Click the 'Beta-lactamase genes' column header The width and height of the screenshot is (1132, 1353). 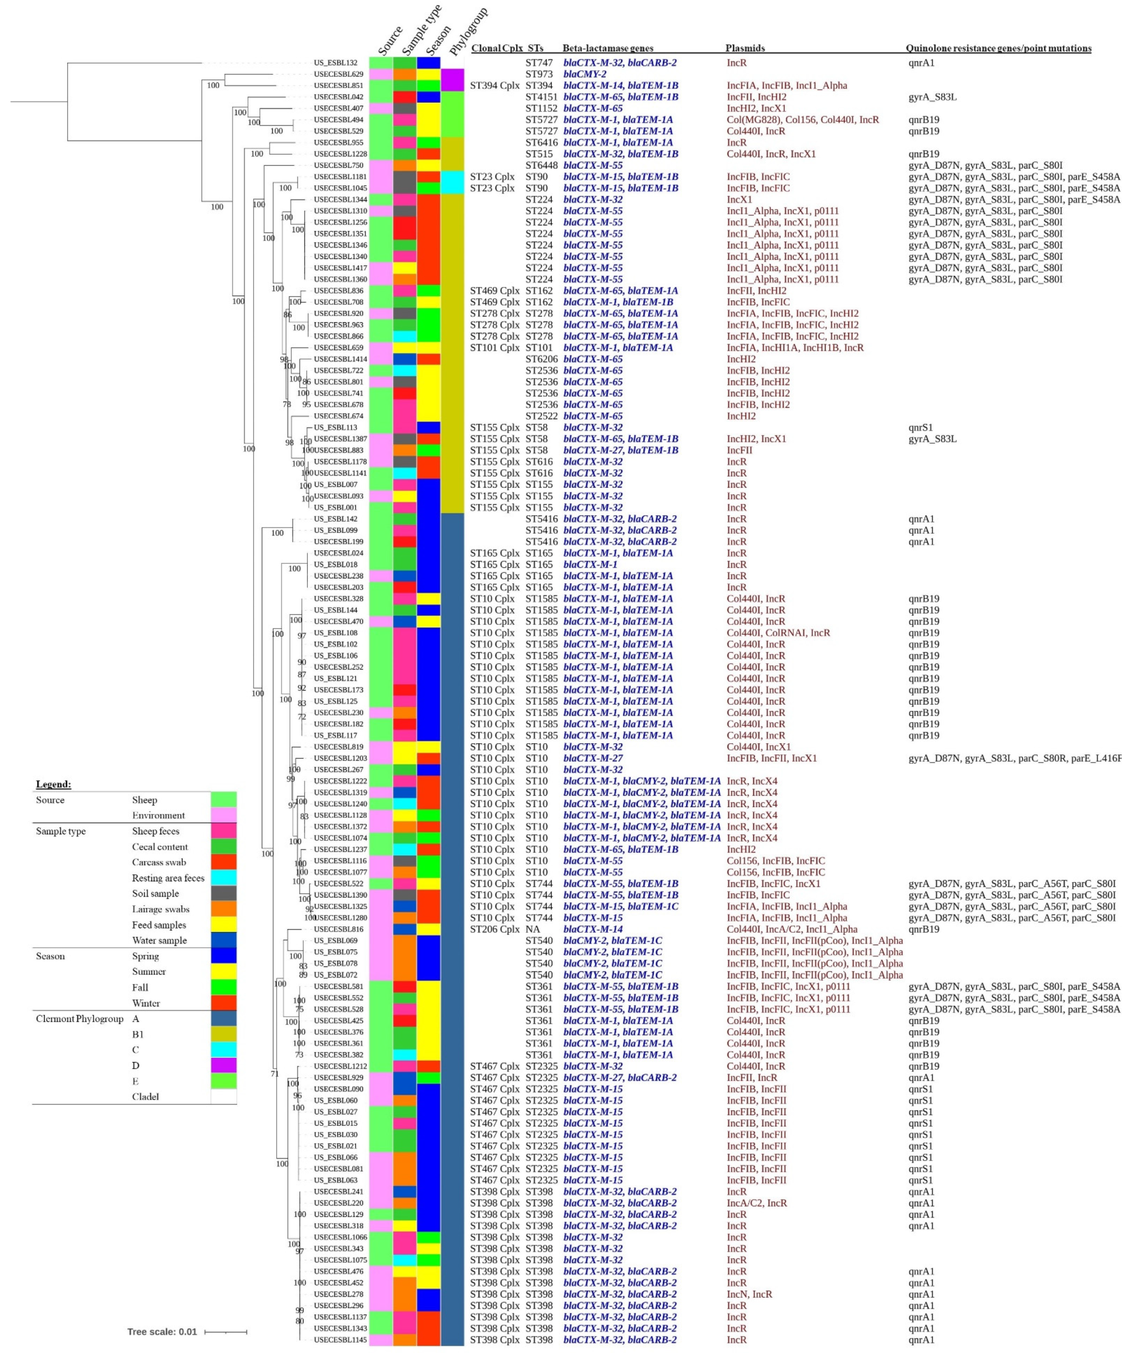click(x=607, y=48)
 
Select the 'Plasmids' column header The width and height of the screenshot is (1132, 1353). click(x=745, y=48)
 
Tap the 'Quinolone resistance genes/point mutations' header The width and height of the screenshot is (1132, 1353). click(x=998, y=48)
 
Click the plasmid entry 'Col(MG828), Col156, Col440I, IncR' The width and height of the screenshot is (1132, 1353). click(x=803, y=120)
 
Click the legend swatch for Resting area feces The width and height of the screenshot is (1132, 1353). click(x=223, y=878)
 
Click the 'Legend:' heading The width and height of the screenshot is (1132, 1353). click(x=53, y=784)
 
